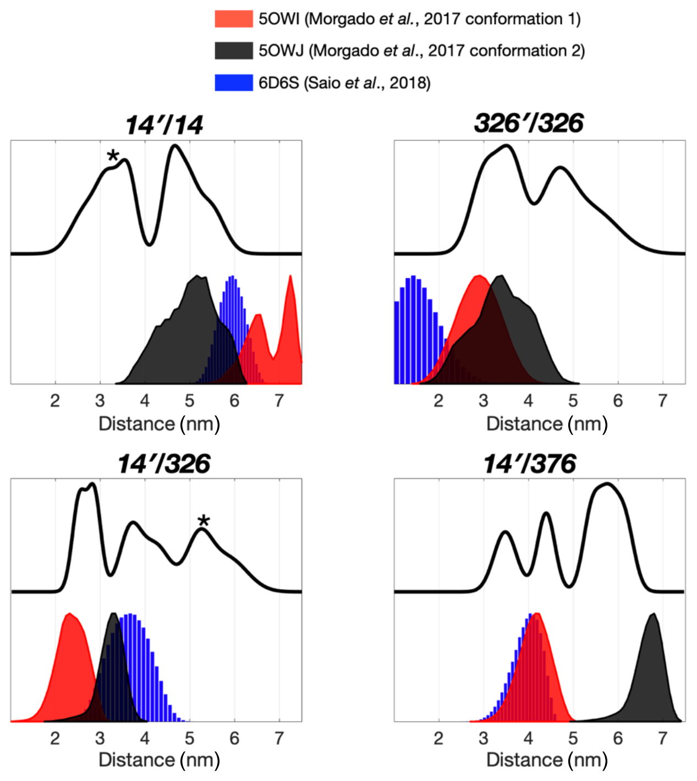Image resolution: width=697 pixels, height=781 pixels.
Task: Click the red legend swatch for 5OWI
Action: (x=233, y=19)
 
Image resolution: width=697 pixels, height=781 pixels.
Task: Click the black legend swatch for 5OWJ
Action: (x=233, y=51)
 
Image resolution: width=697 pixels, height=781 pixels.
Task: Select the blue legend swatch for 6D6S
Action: (x=233, y=82)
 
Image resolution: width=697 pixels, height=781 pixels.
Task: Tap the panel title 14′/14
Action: (x=164, y=125)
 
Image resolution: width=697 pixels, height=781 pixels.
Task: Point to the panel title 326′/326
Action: (x=529, y=123)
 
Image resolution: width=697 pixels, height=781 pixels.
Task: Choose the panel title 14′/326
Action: (x=164, y=464)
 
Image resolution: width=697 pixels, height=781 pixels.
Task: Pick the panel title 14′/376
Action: (x=529, y=464)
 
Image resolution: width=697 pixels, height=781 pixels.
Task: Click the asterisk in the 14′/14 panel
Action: (x=113, y=156)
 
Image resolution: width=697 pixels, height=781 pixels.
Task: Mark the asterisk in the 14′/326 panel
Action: (x=204, y=521)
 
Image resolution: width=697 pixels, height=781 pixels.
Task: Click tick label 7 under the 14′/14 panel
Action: (x=279, y=400)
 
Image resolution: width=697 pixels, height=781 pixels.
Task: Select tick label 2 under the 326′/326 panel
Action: (x=438, y=400)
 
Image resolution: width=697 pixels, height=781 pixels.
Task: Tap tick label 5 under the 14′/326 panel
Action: (x=189, y=738)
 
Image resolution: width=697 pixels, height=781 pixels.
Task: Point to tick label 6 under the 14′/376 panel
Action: (x=618, y=738)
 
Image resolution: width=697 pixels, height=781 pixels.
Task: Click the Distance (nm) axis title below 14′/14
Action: (x=159, y=424)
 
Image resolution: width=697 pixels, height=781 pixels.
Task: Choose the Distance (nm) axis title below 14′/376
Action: (x=547, y=760)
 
